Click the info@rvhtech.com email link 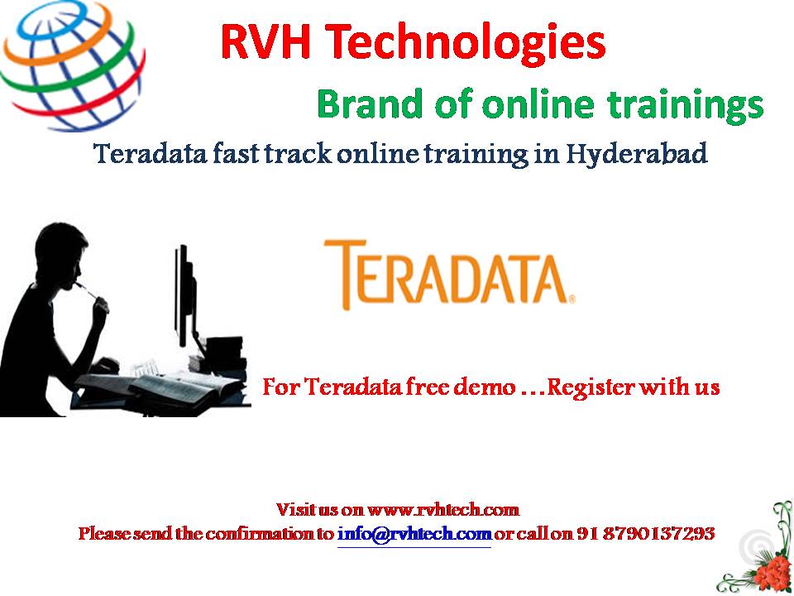point(414,534)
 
